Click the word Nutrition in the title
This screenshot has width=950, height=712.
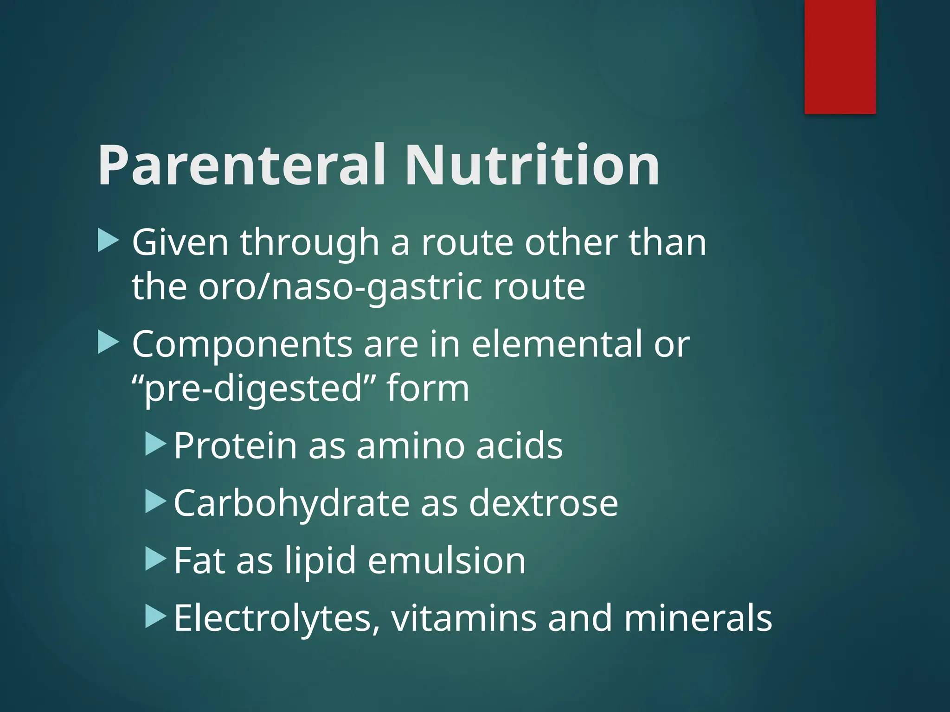click(532, 166)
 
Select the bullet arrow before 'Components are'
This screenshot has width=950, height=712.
click(109, 343)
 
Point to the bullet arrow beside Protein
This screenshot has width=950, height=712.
click(155, 445)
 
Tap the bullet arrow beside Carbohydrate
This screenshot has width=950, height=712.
click(155, 502)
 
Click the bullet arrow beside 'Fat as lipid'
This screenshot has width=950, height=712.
click(155, 559)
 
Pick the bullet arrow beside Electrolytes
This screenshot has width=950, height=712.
click(155, 617)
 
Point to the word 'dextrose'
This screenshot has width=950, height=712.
click(543, 503)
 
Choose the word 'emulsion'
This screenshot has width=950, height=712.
click(446, 560)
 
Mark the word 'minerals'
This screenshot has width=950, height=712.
click(698, 618)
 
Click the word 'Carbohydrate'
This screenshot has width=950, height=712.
click(291, 503)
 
